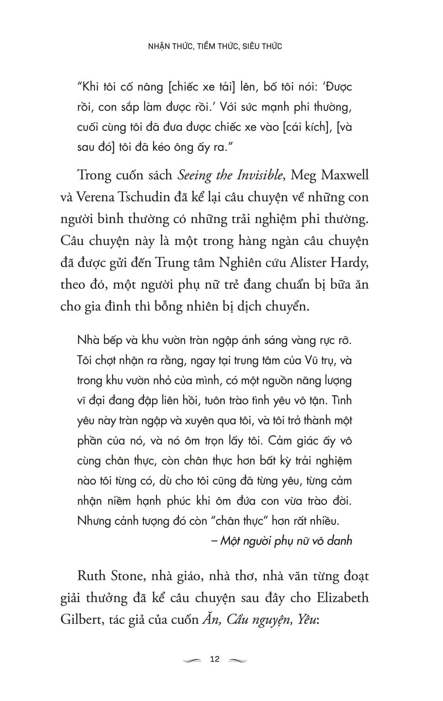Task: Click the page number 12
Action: tap(215, 659)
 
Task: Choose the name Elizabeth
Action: tap(343, 598)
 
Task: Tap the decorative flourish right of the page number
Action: tap(238, 660)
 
